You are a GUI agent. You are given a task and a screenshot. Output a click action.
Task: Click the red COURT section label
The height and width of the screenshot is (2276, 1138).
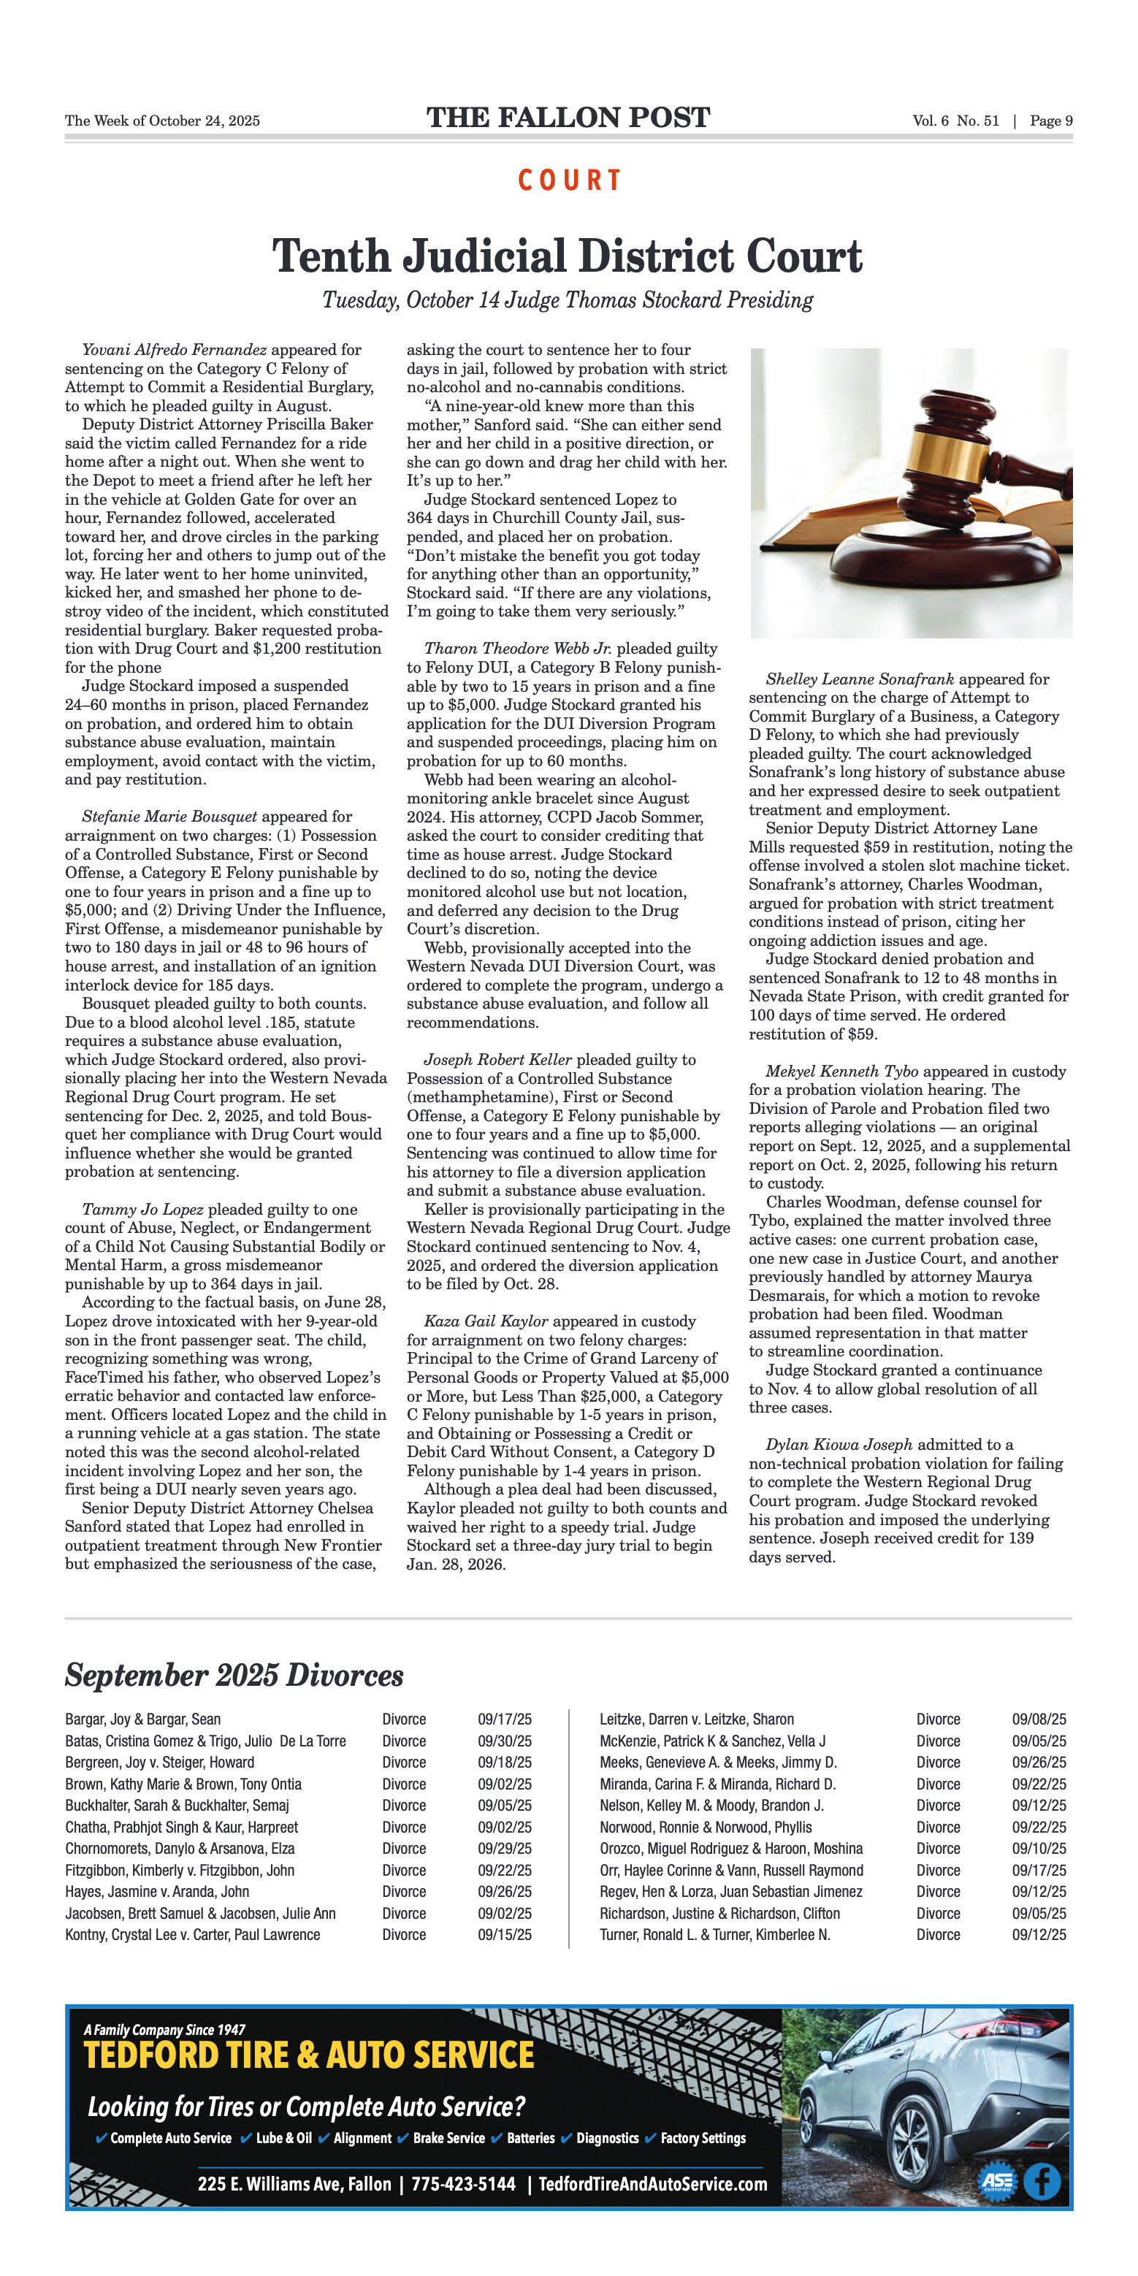click(x=569, y=180)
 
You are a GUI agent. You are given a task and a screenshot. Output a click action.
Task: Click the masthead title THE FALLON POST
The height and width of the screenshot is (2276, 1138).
click(x=568, y=118)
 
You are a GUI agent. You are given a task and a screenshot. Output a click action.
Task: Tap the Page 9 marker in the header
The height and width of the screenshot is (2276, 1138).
click(x=1050, y=121)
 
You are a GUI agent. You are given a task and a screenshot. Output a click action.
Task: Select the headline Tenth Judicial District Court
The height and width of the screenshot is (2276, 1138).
click(x=568, y=256)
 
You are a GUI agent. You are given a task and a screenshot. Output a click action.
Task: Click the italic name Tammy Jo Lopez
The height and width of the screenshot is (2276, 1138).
click(x=142, y=1209)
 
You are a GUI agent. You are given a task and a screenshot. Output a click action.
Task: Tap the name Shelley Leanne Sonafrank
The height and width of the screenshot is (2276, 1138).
click(x=860, y=679)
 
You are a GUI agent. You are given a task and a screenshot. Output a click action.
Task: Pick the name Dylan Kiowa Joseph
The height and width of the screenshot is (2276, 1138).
click(x=839, y=1445)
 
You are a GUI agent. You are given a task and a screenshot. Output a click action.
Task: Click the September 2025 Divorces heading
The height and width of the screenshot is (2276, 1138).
click(x=234, y=1674)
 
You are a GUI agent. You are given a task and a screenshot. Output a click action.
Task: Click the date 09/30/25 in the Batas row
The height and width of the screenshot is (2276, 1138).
click(x=505, y=1741)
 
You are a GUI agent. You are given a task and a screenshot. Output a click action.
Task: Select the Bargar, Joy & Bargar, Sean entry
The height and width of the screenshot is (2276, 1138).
click(x=143, y=1719)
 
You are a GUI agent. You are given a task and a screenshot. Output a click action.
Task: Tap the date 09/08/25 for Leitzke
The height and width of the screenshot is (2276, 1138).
click(x=1039, y=1719)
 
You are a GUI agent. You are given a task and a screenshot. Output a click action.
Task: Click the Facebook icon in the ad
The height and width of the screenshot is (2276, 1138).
click(x=1042, y=2182)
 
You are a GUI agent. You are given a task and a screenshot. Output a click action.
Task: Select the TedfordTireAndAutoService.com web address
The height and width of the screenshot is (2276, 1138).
click(x=653, y=2183)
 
